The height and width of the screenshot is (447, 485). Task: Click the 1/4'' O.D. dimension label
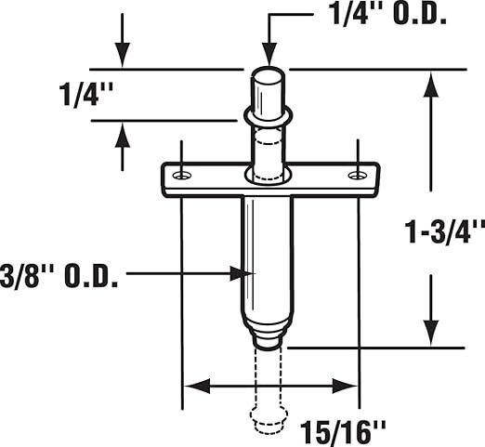(x=388, y=15)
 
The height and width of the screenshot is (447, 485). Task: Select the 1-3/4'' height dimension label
(x=445, y=232)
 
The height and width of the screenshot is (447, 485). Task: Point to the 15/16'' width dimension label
(x=343, y=432)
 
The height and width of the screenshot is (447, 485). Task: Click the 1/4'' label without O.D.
(x=85, y=95)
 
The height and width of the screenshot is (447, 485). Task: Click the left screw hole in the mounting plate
(x=182, y=176)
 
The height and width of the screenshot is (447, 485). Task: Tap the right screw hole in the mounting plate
(x=358, y=176)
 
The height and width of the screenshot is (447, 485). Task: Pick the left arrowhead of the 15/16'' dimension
(x=197, y=386)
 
